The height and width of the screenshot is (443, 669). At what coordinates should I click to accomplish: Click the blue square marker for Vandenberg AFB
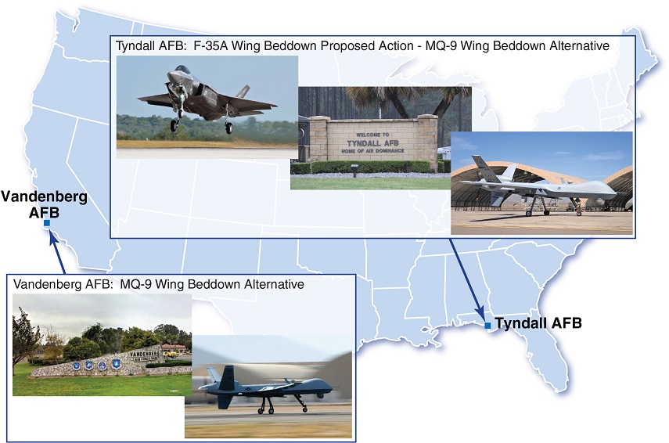(47, 223)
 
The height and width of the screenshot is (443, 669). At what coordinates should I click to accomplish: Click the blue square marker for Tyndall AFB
(487, 326)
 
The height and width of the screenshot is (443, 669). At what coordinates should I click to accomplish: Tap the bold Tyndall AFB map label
(538, 323)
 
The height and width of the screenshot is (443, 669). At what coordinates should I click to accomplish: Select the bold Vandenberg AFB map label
(44, 204)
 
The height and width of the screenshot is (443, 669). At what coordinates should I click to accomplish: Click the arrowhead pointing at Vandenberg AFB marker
(53, 237)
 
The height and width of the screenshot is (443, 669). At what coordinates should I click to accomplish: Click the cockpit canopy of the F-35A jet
(182, 69)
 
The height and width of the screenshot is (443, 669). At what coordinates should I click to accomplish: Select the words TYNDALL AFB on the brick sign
(372, 143)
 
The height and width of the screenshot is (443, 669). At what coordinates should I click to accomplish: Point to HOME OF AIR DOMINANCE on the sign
(372, 150)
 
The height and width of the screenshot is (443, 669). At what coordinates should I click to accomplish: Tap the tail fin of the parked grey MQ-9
(480, 165)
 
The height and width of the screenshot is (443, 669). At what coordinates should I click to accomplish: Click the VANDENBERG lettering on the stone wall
(144, 354)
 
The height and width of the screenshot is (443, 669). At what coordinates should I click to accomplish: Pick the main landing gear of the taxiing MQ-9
(266, 405)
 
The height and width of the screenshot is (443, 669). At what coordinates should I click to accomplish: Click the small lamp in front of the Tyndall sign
(355, 170)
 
